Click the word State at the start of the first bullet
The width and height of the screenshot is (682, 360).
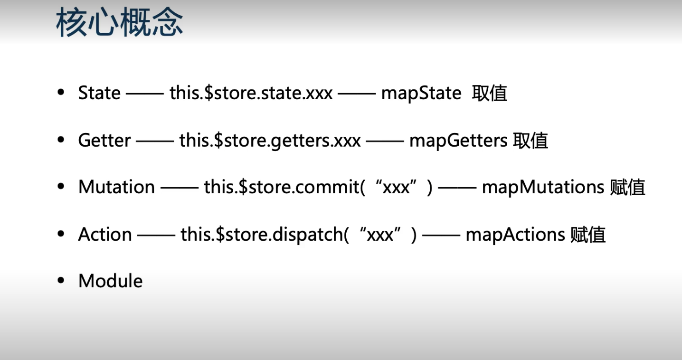(x=99, y=93)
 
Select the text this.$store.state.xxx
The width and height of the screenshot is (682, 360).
(x=251, y=93)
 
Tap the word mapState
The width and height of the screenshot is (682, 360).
(x=421, y=93)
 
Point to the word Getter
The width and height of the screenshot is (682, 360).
(x=104, y=141)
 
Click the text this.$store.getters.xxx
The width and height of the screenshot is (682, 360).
(x=270, y=141)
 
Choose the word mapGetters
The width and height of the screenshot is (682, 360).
(x=458, y=141)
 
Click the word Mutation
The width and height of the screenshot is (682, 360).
(x=116, y=187)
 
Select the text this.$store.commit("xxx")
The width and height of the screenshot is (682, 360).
(x=318, y=187)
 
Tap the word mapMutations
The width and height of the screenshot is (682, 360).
(x=543, y=187)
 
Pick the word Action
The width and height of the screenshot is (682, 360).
(x=105, y=235)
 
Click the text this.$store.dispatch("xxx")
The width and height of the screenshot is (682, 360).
(x=299, y=235)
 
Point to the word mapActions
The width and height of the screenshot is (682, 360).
(x=515, y=235)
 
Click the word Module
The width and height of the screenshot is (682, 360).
(x=110, y=281)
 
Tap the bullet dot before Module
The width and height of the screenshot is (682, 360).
(x=60, y=281)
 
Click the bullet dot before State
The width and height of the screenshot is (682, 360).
(x=60, y=93)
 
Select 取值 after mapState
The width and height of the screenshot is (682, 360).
(x=490, y=93)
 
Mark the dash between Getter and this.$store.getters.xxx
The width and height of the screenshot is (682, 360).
(x=155, y=141)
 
